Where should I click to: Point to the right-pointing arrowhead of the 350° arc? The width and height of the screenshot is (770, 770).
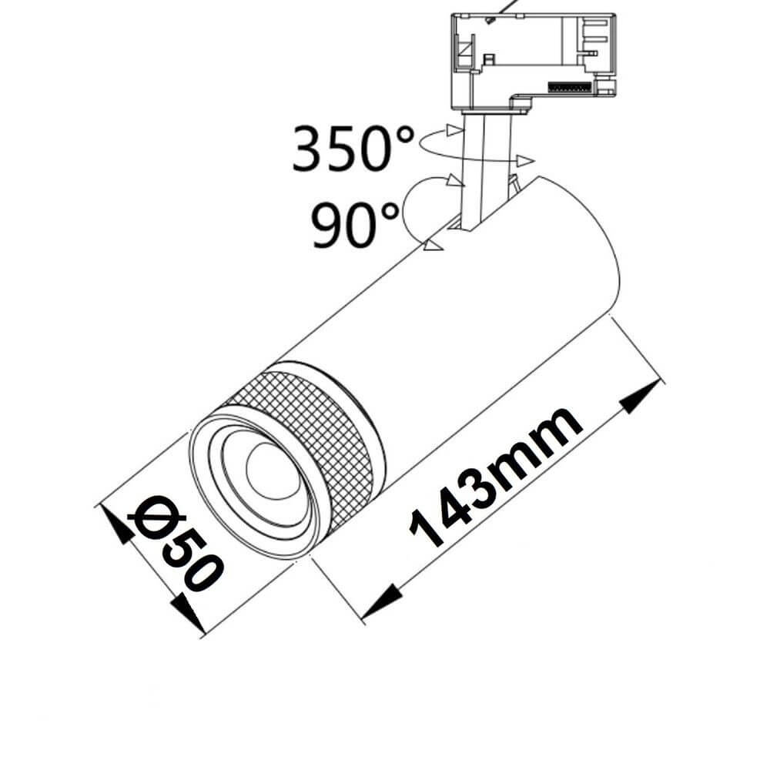[526, 160]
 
